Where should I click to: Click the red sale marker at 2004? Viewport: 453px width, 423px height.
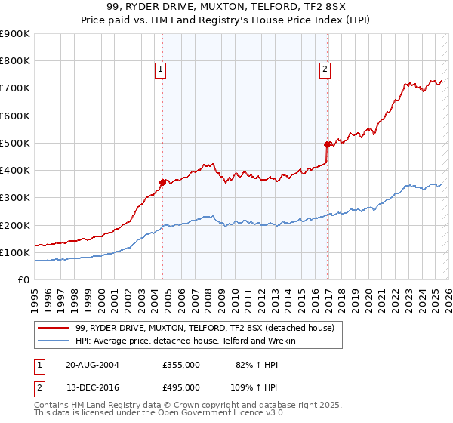pyautogui.click(x=162, y=181)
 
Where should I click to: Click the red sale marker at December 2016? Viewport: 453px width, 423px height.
pyautogui.click(x=327, y=144)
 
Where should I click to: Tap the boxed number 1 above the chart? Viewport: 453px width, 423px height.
pyautogui.click(x=161, y=70)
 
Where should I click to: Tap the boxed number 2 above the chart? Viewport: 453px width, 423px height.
pyautogui.click(x=325, y=70)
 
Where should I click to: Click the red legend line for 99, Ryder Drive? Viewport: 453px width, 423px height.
pyautogui.click(x=53, y=328)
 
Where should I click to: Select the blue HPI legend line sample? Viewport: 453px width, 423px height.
pyautogui.click(x=53, y=341)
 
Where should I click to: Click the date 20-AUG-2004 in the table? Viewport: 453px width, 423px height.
pyautogui.click(x=92, y=364)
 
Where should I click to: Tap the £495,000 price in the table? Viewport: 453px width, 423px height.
pyautogui.click(x=181, y=387)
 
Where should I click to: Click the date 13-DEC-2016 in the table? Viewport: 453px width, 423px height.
pyautogui.click(x=92, y=387)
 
